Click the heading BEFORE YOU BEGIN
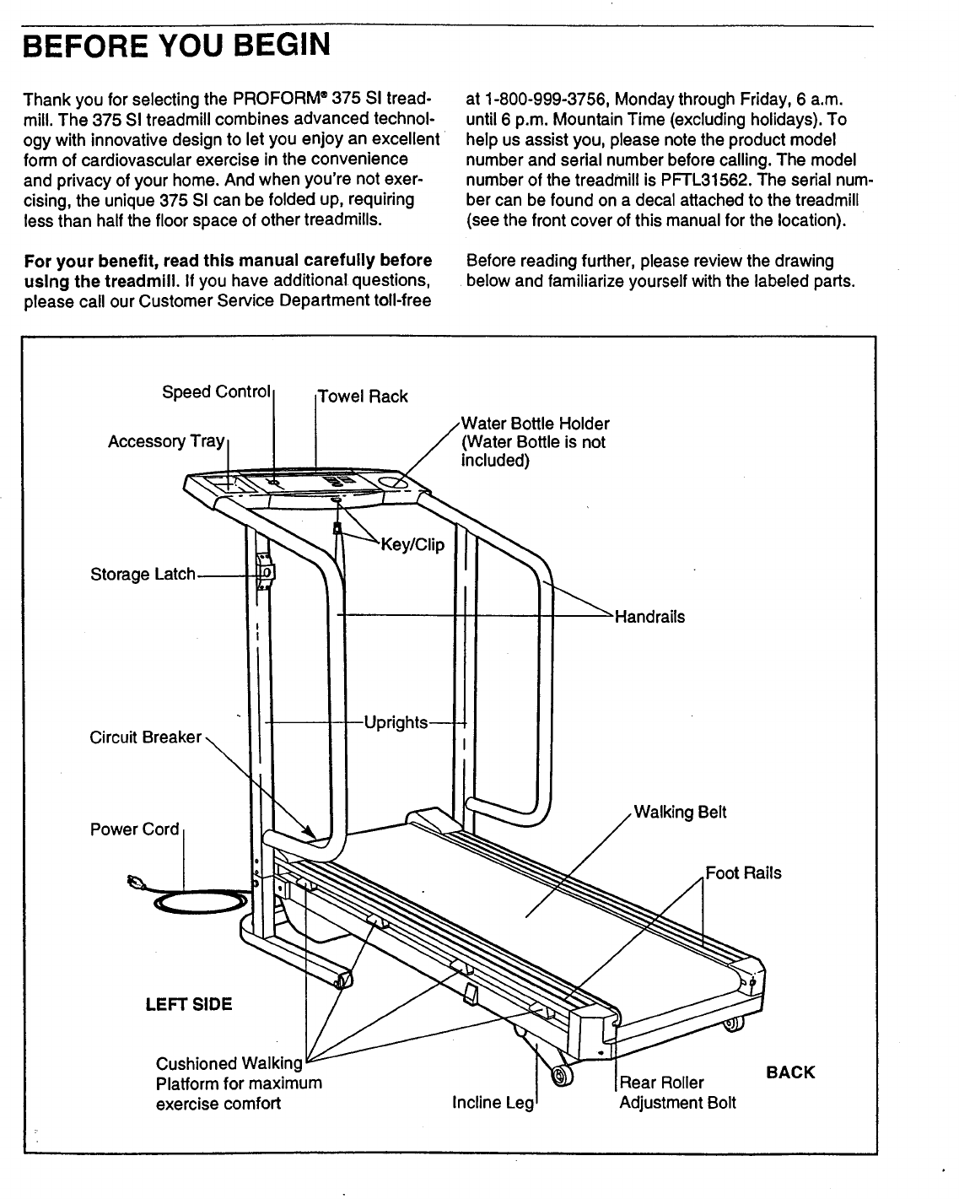(177, 45)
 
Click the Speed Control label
(216, 392)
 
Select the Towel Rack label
(363, 397)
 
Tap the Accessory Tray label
(166, 441)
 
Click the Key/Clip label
(412, 544)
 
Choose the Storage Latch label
(143, 575)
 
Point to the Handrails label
(649, 617)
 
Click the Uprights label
(395, 723)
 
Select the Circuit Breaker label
(145, 737)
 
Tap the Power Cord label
(134, 829)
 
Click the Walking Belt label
(679, 813)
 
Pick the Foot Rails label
(743, 873)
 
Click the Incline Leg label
(493, 1103)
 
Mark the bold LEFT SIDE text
(189, 1004)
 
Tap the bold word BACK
(790, 1072)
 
